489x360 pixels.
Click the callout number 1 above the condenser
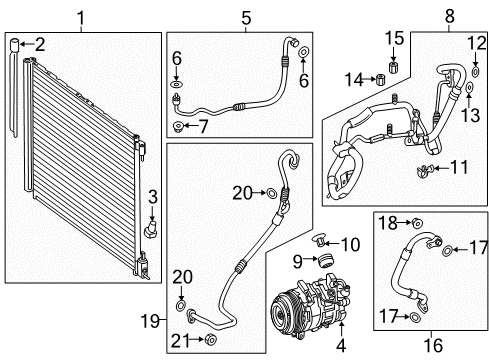[82, 17]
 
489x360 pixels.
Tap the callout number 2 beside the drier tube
[40, 45]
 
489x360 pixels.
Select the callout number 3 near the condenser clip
[152, 194]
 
